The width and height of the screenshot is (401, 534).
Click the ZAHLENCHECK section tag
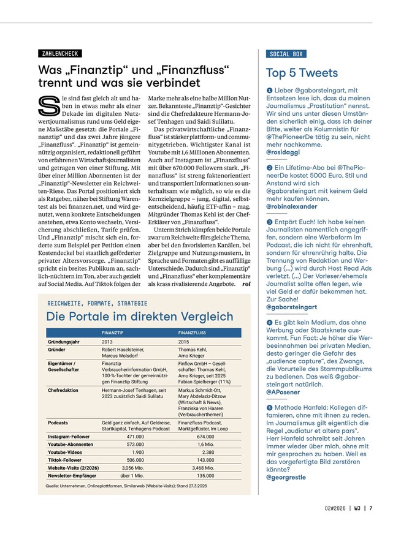click(x=59, y=54)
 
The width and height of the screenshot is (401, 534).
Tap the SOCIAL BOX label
click(x=286, y=54)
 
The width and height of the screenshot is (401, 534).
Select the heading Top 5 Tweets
click(x=302, y=73)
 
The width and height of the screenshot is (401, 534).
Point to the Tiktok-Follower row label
click(x=68, y=459)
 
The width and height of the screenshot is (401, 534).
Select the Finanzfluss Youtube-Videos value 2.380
click(x=208, y=451)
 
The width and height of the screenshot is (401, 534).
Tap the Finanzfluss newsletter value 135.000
click(x=205, y=475)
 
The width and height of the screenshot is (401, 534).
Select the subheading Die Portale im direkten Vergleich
click(x=140, y=317)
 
